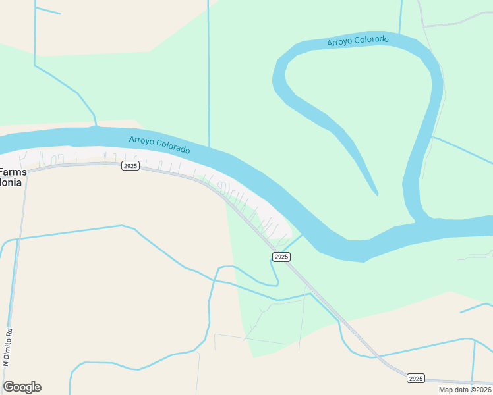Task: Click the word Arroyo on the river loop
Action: pyautogui.click(x=340, y=43)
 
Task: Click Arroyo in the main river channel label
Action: pyautogui.click(x=142, y=140)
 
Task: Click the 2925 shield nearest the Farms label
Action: pyautogui.click(x=130, y=166)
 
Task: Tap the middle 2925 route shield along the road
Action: pyautogui.click(x=281, y=257)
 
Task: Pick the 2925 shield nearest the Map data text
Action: pyautogui.click(x=415, y=378)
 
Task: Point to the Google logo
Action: pyautogui.click(x=22, y=387)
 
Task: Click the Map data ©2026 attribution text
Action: pyautogui.click(x=465, y=390)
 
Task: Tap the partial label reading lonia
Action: pyautogui.click(x=11, y=182)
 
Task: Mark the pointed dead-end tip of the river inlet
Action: pyautogui.click(x=377, y=194)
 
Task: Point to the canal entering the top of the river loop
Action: pyautogui.click(x=401, y=16)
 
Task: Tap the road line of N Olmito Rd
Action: pyautogui.click(x=14, y=276)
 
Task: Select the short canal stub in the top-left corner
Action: pyautogui.click(x=47, y=11)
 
